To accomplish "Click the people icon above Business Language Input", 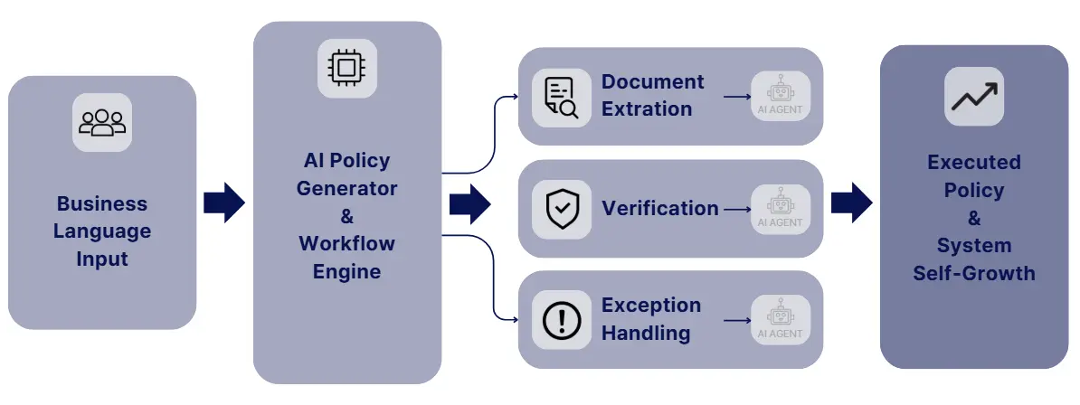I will click(x=102, y=122).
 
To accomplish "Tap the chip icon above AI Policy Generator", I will click(x=346, y=69).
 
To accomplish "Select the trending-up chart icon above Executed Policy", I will click(x=974, y=96).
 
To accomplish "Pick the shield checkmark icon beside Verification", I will click(x=561, y=209).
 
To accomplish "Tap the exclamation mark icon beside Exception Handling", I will click(x=561, y=320).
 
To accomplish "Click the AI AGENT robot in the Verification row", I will click(x=780, y=209).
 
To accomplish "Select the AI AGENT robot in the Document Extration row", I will click(x=780, y=96).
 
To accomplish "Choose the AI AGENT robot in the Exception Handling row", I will click(x=780, y=320).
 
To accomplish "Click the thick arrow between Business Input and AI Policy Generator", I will click(x=224, y=202).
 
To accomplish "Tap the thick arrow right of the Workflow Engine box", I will click(x=469, y=202).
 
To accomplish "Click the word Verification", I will click(x=659, y=209).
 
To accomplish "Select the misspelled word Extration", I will click(x=647, y=109).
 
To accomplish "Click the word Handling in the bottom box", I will click(x=646, y=333).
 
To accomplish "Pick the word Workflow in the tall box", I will click(x=346, y=244).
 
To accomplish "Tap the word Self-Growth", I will click(x=974, y=273).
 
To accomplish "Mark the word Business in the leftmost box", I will click(x=102, y=203).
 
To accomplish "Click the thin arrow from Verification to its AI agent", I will click(x=737, y=209).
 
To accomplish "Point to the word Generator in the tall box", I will click(x=346, y=188).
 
